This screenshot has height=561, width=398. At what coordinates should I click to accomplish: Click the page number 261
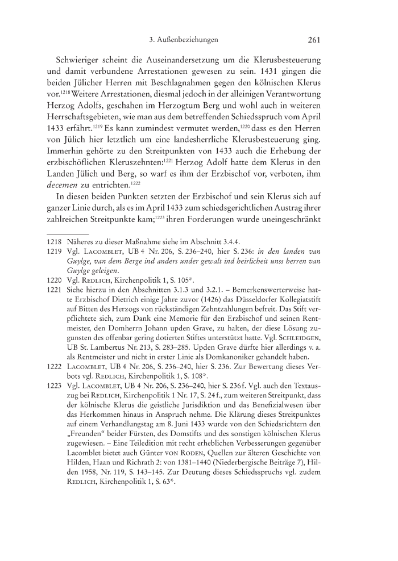point(315,40)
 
